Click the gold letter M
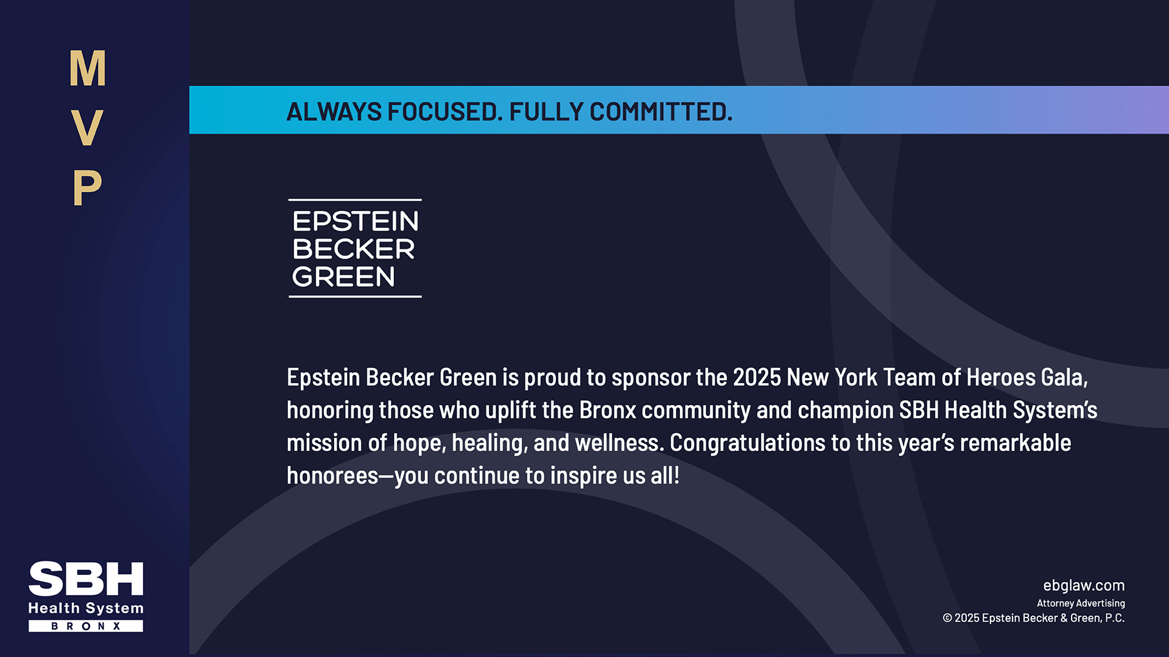[88, 68]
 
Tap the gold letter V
[87, 128]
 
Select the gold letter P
[87, 187]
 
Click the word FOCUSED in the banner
[445, 112]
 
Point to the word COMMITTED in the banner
[661, 112]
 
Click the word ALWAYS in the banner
[334, 112]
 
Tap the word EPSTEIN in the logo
[356, 221]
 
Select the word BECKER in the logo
[354, 249]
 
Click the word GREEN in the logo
[344, 277]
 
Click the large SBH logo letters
[86, 579]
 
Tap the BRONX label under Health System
[86, 626]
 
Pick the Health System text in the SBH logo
[86, 608]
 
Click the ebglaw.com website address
[1084, 586]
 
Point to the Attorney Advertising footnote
[1081, 603]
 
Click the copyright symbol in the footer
[947, 618]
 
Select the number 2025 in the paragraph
[757, 378]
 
